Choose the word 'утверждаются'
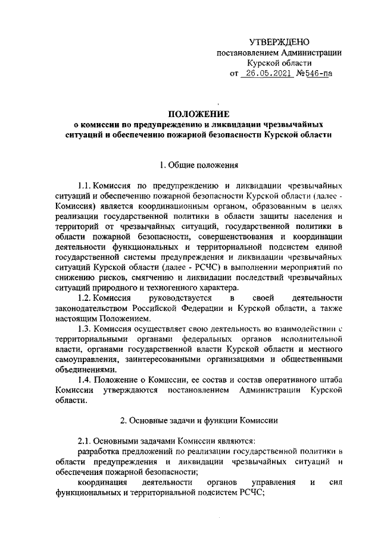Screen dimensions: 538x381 click(x=131, y=390)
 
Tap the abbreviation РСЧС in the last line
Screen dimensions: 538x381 click(x=247, y=494)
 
